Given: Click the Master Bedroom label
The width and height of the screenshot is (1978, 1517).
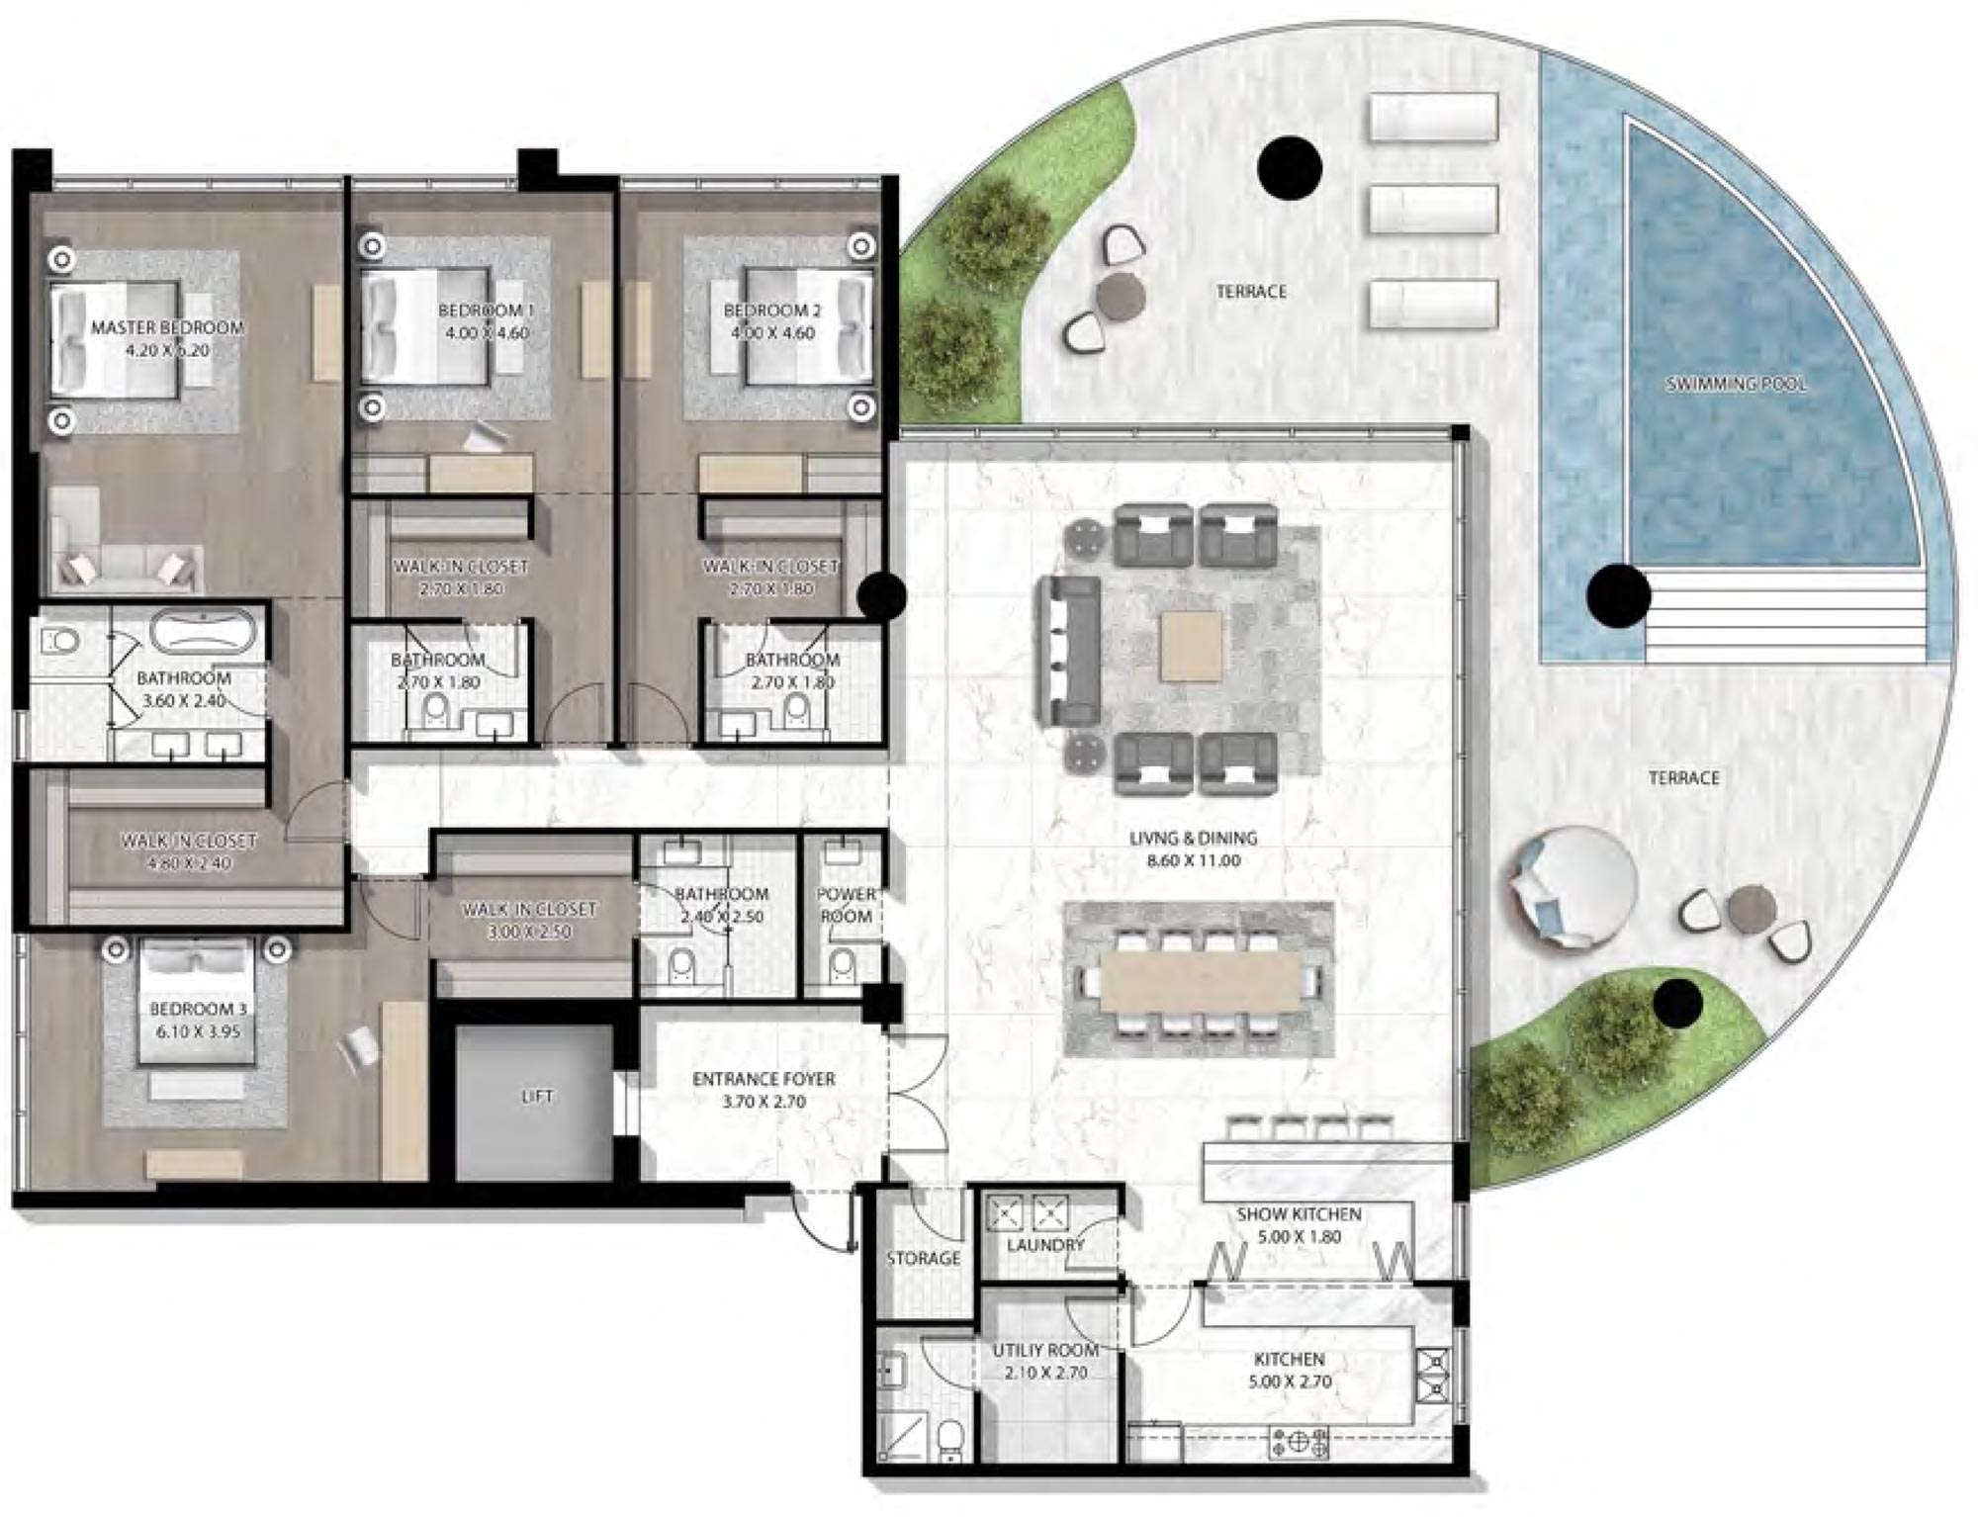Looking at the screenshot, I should [x=166, y=327].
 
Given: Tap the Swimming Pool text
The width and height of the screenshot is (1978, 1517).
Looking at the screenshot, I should [x=1736, y=384].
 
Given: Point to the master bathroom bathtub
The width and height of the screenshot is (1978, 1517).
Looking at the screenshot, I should [x=205, y=631].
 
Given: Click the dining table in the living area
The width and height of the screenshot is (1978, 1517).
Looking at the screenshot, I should [x=1200, y=980].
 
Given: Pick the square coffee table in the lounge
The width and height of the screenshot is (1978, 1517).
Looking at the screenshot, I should [x=1191, y=646].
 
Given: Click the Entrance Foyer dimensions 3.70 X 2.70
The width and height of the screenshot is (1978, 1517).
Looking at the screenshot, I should [x=764, y=1102].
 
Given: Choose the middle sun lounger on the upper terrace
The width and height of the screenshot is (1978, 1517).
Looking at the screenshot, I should [x=1432, y=211].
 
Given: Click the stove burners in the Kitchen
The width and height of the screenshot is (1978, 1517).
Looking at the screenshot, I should [x=1299, y=1443].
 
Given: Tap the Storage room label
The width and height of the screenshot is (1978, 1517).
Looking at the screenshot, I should [x=923, y=1258].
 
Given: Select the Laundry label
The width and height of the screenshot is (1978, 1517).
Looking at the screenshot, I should [x=1045, y=1245].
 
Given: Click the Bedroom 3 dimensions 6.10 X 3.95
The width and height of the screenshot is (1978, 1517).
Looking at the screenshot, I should [x=197, y=1031].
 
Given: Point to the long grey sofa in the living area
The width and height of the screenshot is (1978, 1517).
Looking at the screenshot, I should [x=1068, y=652].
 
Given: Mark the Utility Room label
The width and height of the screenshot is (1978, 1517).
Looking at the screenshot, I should [x=1045, y=1350].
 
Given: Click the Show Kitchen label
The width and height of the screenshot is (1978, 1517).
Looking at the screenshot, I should [x=1299, y=1213].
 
